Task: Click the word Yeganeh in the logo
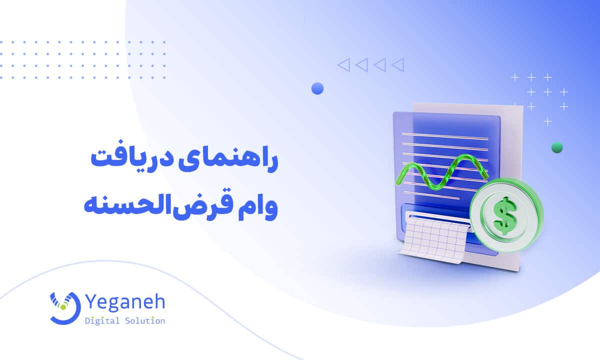[x=125, y=302]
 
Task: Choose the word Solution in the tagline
[x=145, y=321]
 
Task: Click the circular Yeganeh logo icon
[x=64, y=306]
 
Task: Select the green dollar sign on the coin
[x=506, y=215]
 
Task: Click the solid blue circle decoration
[x=317, y=88]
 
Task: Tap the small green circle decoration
[x=556, y=147]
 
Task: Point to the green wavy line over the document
[x=440, y=172]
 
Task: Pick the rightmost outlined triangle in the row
[x=398, y=64]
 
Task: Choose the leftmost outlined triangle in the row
[x=343, y=64]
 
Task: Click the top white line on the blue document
[x=445, y=135]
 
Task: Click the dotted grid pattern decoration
[x=82, y=60]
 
